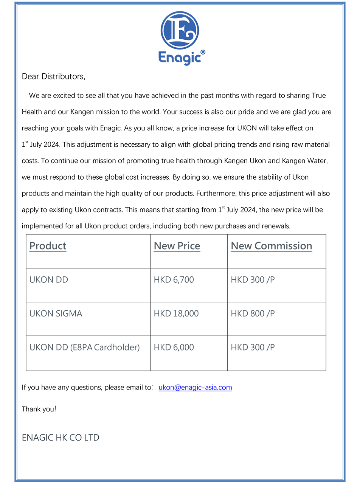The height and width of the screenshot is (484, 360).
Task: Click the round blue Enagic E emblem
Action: (180, 30)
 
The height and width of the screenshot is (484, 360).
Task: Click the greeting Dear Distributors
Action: (53, 76)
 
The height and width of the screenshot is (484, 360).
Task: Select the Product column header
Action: (48, 246)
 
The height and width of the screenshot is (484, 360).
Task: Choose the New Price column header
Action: (177, 246)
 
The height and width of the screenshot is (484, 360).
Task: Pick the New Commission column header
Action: (271, 246)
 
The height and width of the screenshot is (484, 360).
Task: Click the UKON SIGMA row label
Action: (56, 313)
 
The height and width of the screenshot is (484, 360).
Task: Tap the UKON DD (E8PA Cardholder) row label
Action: (84, 347)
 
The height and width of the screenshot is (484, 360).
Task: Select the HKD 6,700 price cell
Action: (174, 280)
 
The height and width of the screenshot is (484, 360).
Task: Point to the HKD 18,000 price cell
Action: (176, 313)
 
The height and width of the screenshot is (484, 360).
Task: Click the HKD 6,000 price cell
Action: (174, 347)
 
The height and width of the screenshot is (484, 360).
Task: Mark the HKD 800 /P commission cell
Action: (253, 313)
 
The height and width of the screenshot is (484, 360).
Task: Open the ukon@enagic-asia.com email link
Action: (195, 387)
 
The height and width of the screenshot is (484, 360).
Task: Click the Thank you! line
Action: (39, 409)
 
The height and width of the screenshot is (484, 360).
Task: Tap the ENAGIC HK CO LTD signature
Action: (61, 437)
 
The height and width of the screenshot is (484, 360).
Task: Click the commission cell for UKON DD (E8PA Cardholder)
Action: (253, 347)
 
